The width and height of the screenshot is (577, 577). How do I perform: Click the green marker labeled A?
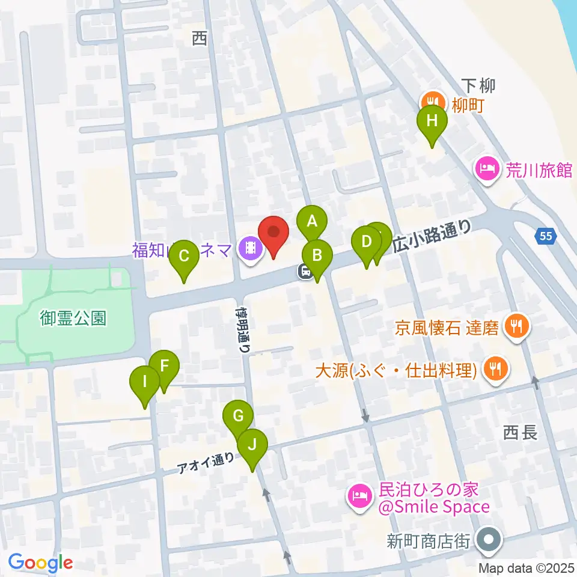312,221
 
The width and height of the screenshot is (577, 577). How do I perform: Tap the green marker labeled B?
317,255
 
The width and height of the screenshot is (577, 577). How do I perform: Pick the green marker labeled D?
367,242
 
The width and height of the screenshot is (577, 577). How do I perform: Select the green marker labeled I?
145,381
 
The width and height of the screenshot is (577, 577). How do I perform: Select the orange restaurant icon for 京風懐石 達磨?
515,327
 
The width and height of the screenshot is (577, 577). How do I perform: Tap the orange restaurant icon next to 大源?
495,368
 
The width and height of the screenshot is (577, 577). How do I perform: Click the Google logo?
40,563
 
